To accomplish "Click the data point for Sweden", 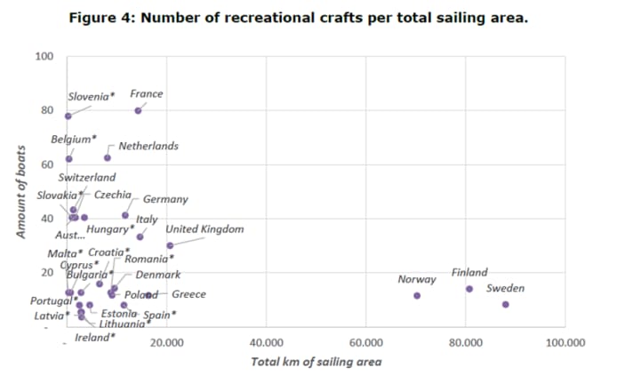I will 505,304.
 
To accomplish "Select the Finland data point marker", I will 469,288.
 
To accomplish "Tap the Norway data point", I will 417,295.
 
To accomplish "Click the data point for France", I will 138,110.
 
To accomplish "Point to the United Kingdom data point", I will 170,245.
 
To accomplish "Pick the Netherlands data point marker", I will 108,157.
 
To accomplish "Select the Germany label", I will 165,199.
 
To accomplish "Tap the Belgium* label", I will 74,140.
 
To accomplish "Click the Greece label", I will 188,294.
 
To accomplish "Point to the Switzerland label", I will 87,178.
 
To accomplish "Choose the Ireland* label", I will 95,338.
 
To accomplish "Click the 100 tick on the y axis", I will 44,57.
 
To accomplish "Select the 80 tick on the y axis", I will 47,111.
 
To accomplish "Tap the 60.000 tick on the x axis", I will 366,341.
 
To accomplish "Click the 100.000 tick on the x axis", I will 565,341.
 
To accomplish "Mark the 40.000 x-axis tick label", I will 267,341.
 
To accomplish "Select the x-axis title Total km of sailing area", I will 316,361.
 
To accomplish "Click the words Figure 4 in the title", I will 102,18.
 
